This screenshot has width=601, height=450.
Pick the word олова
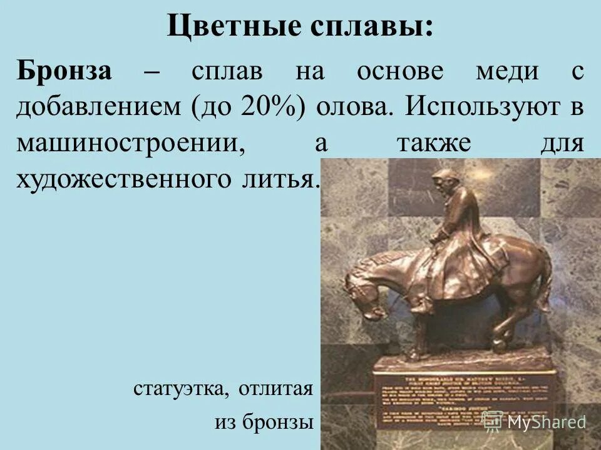(x=355, y=107)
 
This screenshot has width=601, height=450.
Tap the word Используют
(x=482, y=107)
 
